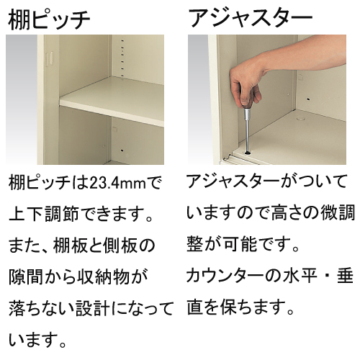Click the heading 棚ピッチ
click(x=49, y=19)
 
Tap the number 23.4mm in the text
click(x=117, y=184)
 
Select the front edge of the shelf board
click(x=112, y=113)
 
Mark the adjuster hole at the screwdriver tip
click(x=247, y=153)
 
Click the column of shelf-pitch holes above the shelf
click(x=122, y=58)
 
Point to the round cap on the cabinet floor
click(x=300, y=118)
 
